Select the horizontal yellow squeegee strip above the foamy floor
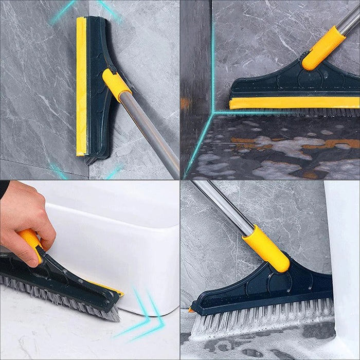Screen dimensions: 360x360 293,103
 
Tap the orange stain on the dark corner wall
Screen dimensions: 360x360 185,103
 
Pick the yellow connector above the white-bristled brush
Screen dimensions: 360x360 265,248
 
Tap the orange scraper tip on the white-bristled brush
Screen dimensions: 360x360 192,310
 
